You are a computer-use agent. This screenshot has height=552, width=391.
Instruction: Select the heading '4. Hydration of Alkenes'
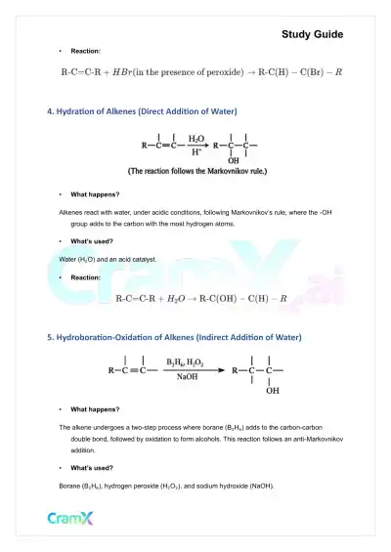[x=142, y=111]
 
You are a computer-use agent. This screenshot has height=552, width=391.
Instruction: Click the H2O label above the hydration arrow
[x=196, y=139]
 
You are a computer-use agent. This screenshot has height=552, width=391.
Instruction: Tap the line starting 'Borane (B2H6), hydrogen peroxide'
[x=167, y=486]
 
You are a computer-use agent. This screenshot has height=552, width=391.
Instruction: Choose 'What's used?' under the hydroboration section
[x=92, y=469]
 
